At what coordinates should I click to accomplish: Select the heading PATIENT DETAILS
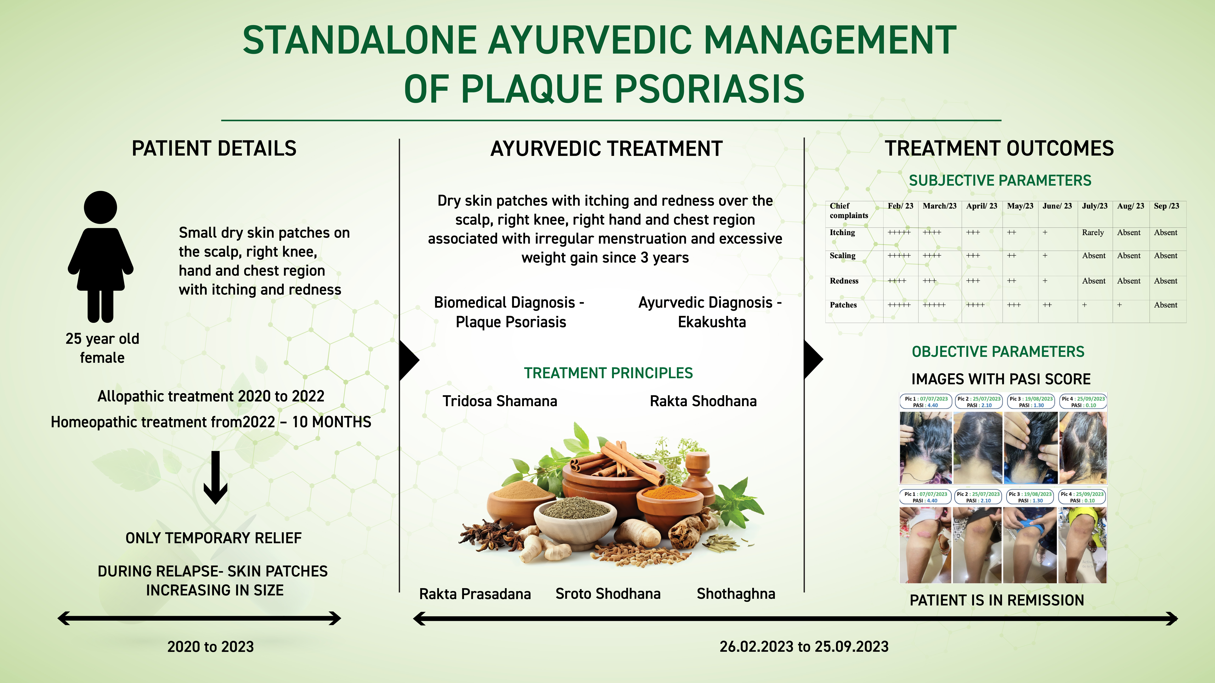click(214, 148)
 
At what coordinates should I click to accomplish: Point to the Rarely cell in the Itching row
click(1093, 232)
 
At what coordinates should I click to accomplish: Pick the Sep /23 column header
click(1166, 206)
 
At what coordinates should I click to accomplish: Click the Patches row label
click(843, 305)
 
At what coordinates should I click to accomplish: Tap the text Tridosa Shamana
click(500, 401)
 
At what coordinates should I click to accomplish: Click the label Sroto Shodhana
click(608, 594)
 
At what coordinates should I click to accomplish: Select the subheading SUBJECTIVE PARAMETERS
click(1000, 180)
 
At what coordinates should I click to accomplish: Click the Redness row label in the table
click(844, 281)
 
